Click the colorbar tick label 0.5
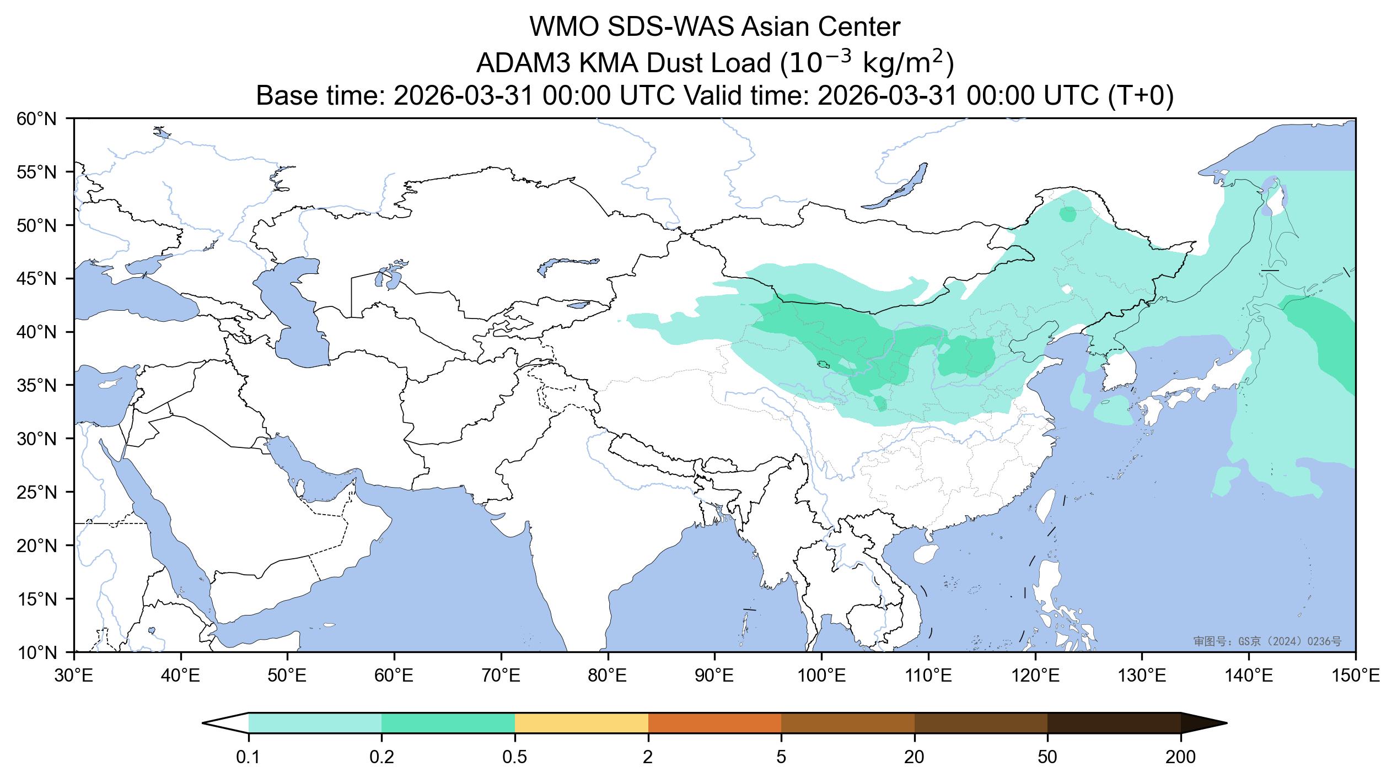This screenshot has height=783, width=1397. (x=514, y=758)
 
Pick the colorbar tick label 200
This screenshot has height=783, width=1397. (x=1180, y=758)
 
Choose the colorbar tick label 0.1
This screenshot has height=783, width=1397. (x=248, y=758)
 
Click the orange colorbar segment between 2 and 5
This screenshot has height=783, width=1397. (x=714, y=723)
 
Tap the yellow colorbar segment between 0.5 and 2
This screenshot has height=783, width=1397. (x=581, y=723)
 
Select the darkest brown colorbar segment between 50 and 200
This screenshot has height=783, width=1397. (x=1114, y=723)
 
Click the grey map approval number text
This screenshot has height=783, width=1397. (x=1267, y=641)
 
